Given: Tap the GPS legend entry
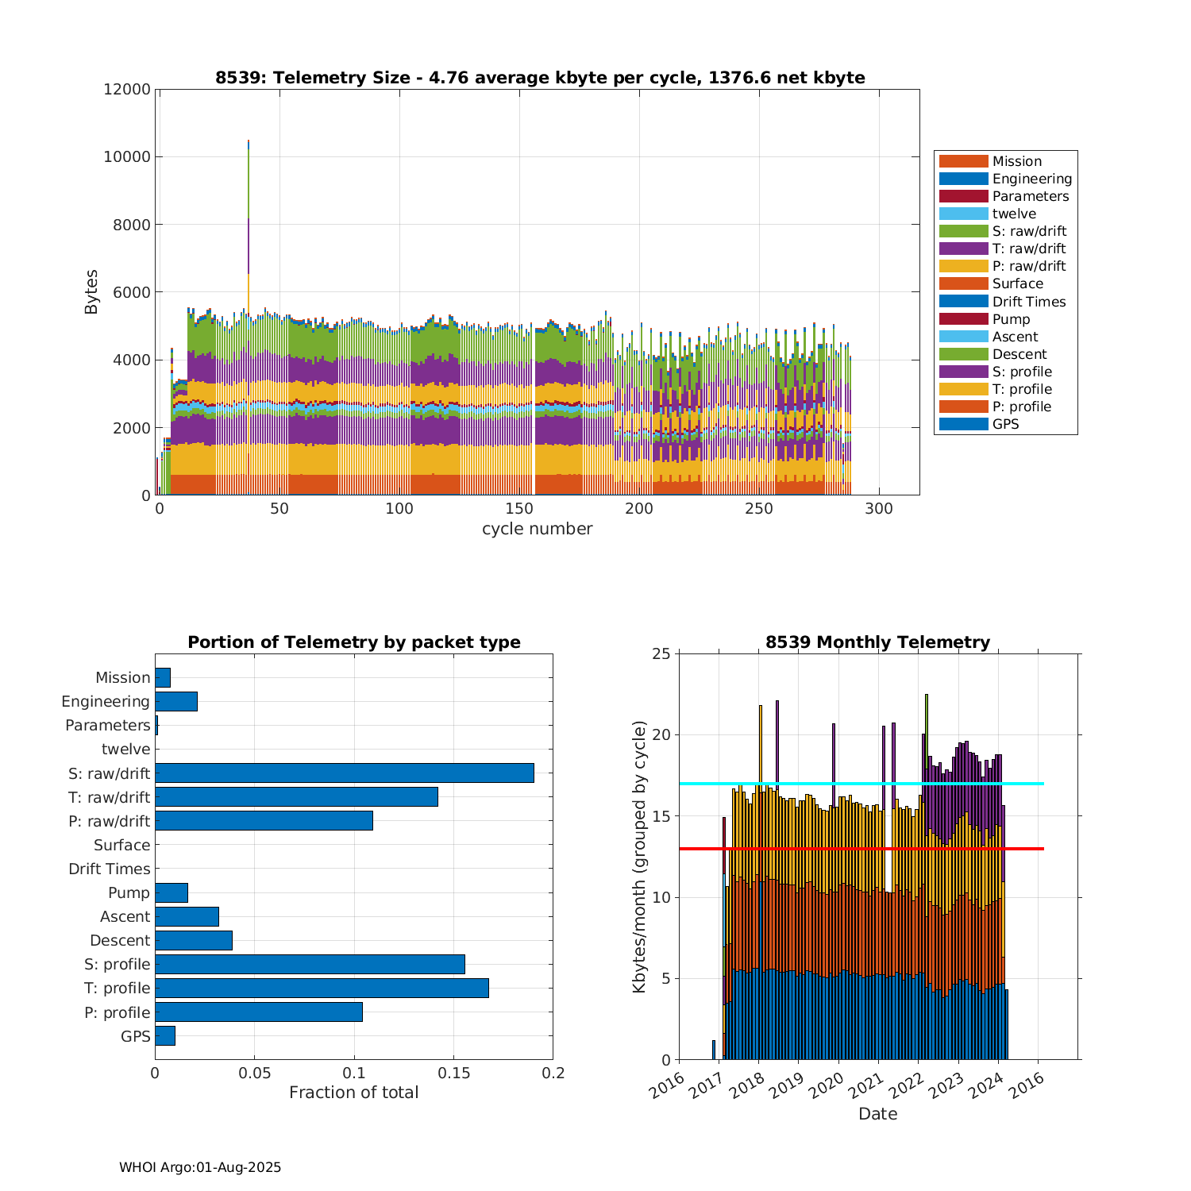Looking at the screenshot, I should pos(1005,424).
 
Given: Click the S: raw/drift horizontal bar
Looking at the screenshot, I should pos(344,773).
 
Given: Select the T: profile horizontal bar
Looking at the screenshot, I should pos(322,988).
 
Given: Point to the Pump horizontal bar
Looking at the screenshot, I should pos(172,892).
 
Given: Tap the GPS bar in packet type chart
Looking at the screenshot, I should pos(165,1035).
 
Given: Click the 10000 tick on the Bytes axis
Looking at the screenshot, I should pos(127,157).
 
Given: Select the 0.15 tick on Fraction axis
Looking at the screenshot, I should pos(453,1073).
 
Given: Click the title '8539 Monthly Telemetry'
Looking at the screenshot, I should pos(877,642).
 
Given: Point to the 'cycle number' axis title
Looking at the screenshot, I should pos(537,529).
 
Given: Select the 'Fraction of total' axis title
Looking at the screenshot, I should pos(353,1093).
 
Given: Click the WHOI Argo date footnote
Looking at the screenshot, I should pos(200,1167).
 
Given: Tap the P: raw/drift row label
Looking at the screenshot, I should pos(109,821).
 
